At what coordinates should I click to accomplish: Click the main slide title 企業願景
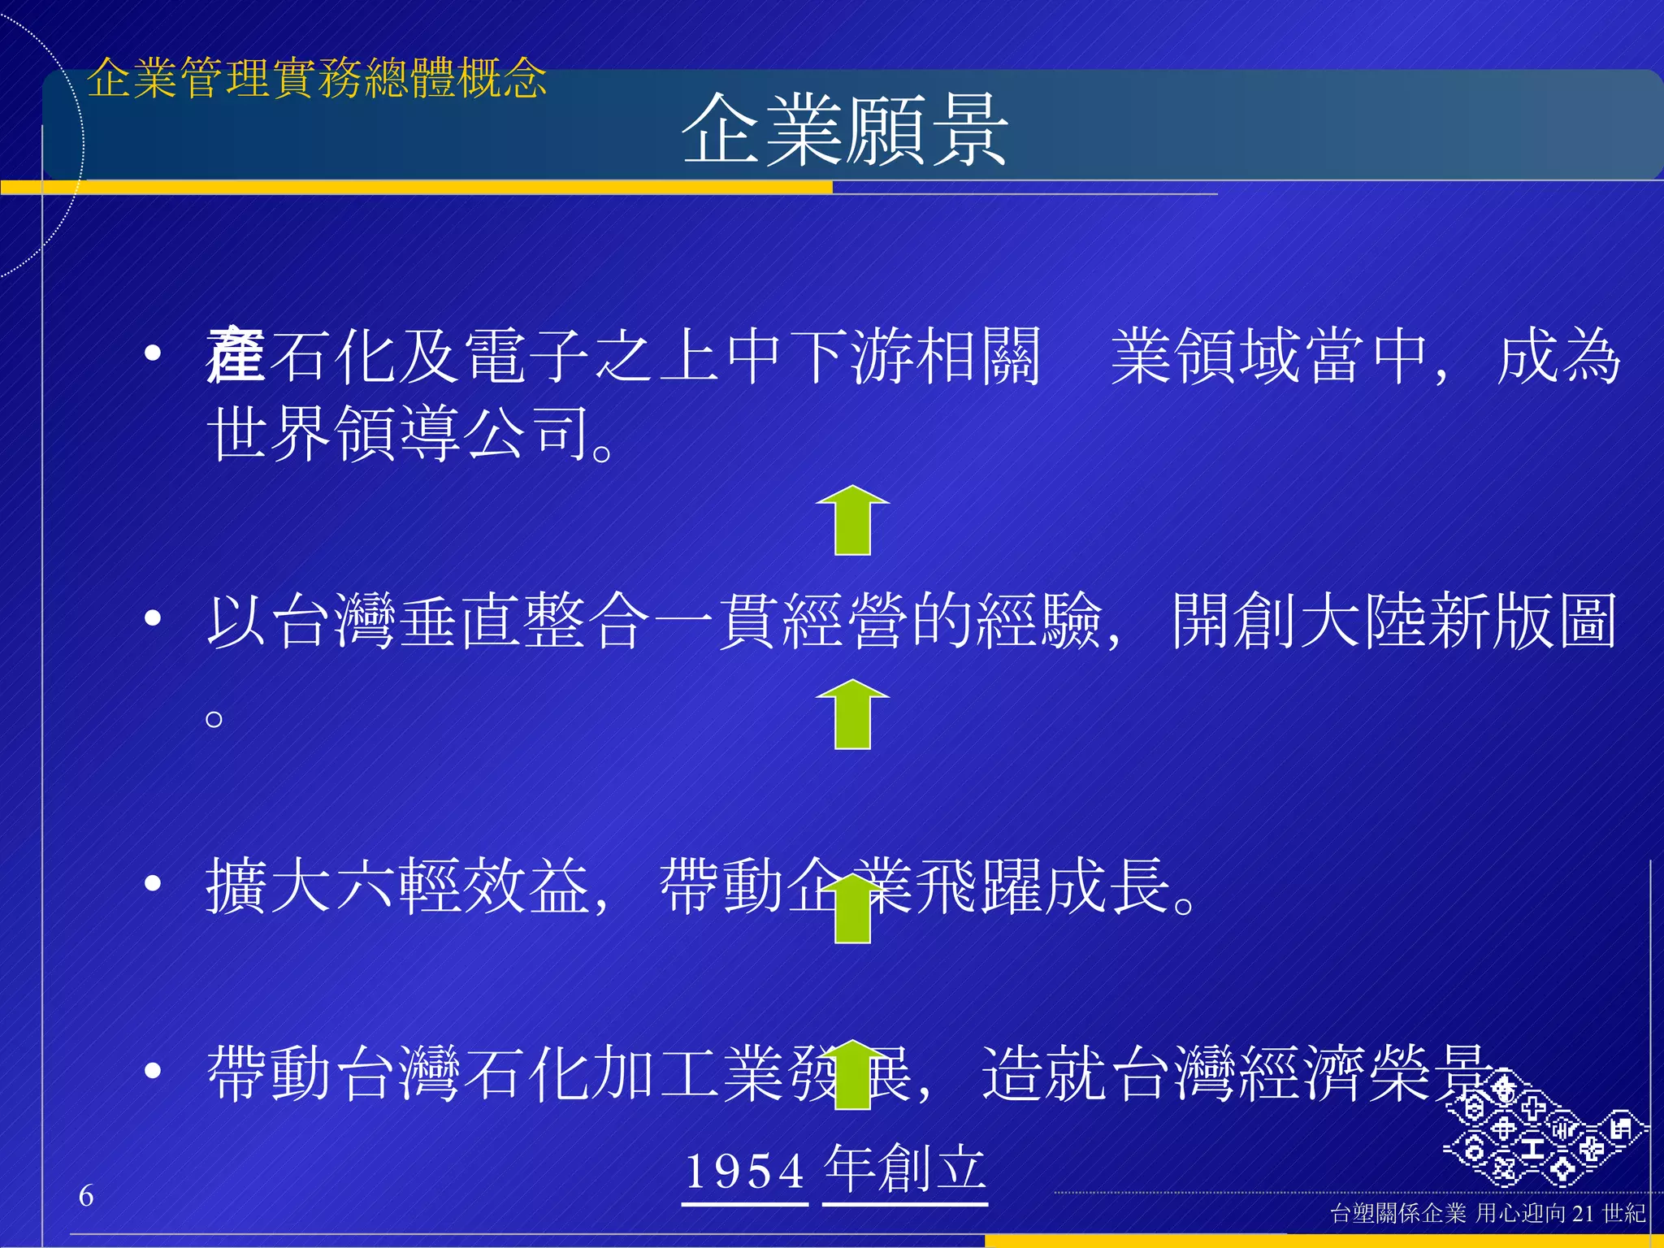click(844, 130)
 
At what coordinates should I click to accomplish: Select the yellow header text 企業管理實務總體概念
click(317, 79)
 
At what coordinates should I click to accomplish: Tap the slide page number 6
click(86, 1195)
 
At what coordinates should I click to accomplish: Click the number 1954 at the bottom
click(745, 1171)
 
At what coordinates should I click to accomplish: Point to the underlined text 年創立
click(905, 1169)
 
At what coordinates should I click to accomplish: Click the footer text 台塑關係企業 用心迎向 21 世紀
click(1488, 1213)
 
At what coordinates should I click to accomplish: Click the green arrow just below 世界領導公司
click(852, 521)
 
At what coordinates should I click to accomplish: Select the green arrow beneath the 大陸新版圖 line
click(852, 714)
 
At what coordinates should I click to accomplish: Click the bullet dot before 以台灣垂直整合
click(152, 619)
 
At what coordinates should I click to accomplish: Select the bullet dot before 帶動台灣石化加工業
click(152, 1071)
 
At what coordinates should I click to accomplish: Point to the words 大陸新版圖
click(1393, 621)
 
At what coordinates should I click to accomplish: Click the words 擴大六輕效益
click(398, 886)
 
